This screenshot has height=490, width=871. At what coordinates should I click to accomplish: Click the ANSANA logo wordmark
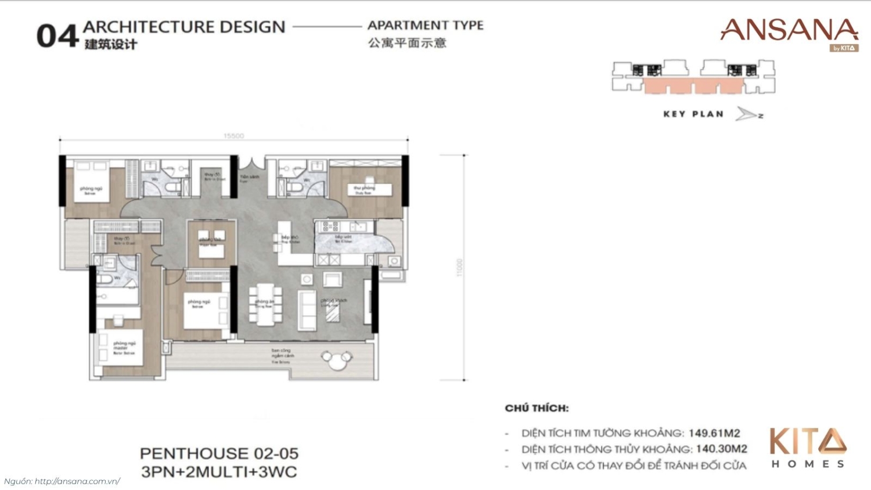click(x=789, y=31)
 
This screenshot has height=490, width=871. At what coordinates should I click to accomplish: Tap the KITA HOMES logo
click(x=808, y=448)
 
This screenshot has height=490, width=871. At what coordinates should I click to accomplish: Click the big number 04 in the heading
click(x=57, y=36)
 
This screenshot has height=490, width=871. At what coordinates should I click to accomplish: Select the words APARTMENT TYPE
click(x=425, y=26)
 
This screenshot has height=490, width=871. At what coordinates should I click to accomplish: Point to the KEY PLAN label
click(x=693, y=114)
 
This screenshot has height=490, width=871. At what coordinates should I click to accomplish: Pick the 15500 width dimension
click(x=233, y=136)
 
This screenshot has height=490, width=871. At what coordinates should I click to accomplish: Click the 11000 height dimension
click(x=459, y=268)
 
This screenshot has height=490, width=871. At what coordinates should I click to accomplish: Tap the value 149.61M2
click(x=714, y=433)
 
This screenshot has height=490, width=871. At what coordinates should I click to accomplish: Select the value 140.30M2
click(x=721, y=449)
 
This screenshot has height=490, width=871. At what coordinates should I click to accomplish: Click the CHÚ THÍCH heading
click(x=537, y=408)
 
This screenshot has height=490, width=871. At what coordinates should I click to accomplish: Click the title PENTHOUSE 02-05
click(x=219, y=453)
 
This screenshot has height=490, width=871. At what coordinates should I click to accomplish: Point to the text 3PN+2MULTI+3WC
click(x=219, y=472)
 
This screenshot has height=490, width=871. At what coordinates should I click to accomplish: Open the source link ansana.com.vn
click(x=77, y=481)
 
